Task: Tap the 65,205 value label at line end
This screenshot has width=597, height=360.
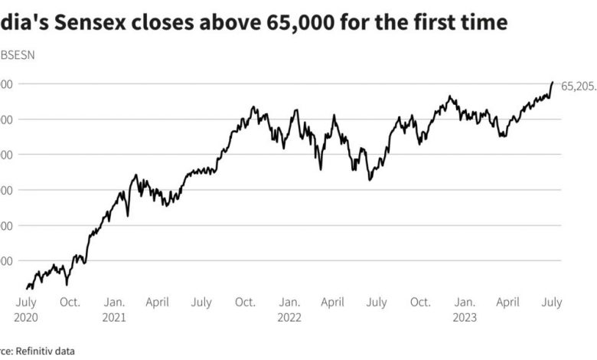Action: pyautogui.click(x=578, y=87)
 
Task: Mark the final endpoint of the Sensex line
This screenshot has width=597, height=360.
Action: pyautogui.click(x=553, y=82)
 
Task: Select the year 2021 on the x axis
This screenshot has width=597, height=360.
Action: pyautogui.click(x=114, y=316)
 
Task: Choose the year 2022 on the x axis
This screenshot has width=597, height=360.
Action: pyautogui.click(x=289, y=316)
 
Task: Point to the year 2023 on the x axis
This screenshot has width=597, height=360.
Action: pyautogui.click(x=464, y=316)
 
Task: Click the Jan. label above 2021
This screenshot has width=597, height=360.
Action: pyautogui.click(x=115, y=303)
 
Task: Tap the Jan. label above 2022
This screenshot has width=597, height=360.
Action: pyautogui.click(x=289, y=303)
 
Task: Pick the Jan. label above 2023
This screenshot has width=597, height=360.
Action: pyautogui.click(x=465, y=303)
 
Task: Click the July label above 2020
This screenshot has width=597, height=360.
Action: pyautogui.click(x=26, y=303)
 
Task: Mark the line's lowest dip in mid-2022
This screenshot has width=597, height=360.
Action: pyautogui.click(x=370, y=180)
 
